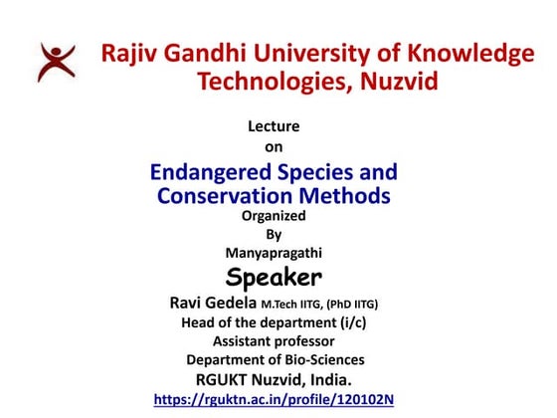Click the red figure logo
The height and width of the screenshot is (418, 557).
[56, 62]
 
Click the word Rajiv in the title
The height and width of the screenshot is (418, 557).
[131, 54]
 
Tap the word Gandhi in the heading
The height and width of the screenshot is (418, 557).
[216, 54]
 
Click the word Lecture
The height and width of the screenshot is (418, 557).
[273, 126]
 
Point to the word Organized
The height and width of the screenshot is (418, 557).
[274, 215]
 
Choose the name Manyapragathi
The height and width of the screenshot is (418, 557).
[274, 253]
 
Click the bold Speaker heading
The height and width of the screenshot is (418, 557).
[274, 277]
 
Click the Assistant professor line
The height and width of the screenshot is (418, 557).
[275, 340]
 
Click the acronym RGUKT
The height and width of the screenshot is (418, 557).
[227, 379]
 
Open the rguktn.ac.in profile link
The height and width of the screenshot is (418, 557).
[274, 400]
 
